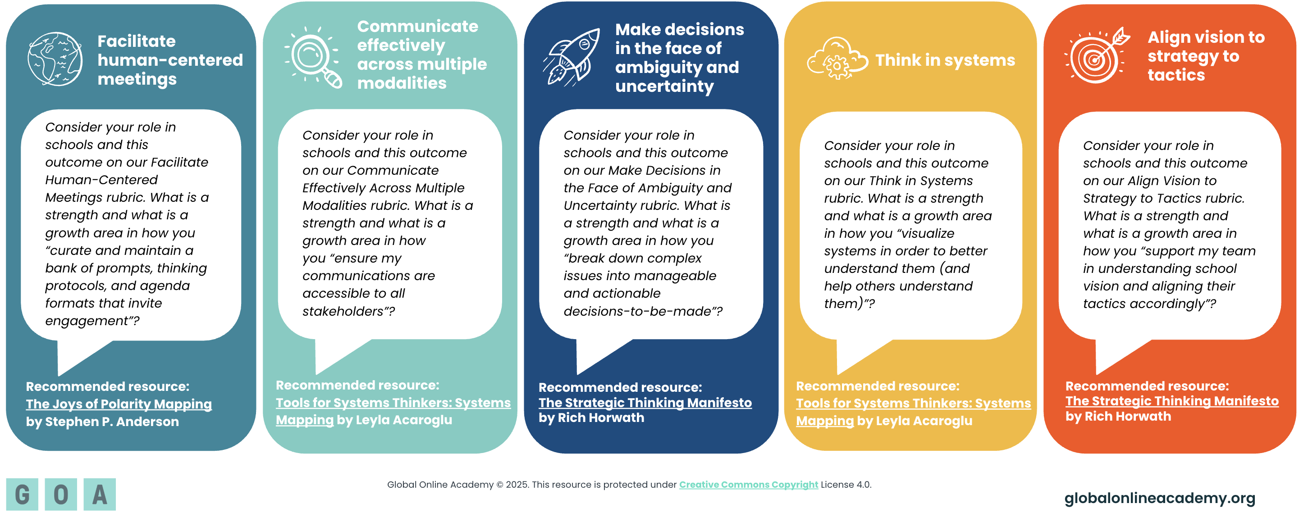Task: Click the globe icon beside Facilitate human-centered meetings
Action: (x=55, y=59)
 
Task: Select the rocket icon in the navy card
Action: (x=572, y=57)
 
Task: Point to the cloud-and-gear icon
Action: (x=837, y=59)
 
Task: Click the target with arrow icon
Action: (x=1097, y=55)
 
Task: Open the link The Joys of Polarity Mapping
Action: (x=119, y=404)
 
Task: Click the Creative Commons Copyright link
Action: (x=748, y=485)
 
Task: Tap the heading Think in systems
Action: (x=945, y=60)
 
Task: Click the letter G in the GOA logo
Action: (x=22, y=494)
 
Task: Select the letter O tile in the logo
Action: (x=61, y=494)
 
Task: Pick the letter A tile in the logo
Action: (x=100, y=494)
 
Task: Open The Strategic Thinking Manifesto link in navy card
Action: (x=645, y=403)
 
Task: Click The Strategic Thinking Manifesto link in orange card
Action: (x=1172, y=401)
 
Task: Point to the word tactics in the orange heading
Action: (x=1176, y=75)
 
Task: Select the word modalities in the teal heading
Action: (x=402, y=83)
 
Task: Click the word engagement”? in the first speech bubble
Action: (x=92, y=321)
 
